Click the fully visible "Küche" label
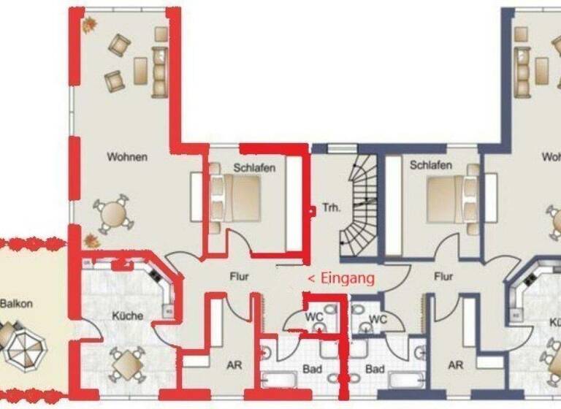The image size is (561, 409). (127, 316)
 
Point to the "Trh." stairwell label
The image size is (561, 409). (329, 207)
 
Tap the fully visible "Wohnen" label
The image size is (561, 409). (127, 156)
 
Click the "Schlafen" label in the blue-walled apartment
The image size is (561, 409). (431, 165)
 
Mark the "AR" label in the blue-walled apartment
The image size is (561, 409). (456, 364)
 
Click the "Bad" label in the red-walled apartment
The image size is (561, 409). (312, 370)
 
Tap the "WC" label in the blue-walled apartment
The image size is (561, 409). (378, 319)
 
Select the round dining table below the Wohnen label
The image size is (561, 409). (115, 215)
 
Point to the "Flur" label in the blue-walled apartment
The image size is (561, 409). (443, 276)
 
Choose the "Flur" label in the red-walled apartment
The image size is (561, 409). (240, 276)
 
